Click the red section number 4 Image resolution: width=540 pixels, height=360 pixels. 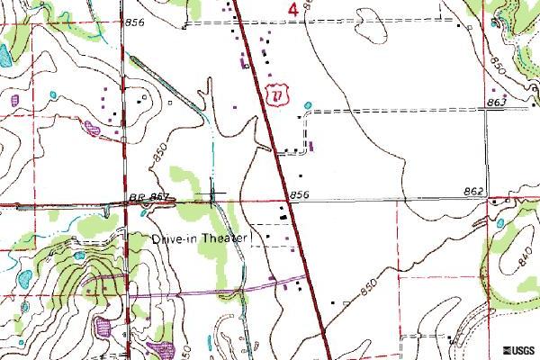click(x=294, y=9)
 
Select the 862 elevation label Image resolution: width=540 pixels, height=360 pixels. click(x=476, y=192)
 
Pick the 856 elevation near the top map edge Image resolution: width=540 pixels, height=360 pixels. click(x=135, y=21)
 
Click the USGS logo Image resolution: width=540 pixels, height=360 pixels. click(x=520, y=349)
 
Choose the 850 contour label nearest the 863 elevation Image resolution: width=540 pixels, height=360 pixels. click(x=500, y=65)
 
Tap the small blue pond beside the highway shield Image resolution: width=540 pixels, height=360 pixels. click(x=309, y=106)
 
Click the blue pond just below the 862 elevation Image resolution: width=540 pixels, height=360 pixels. click(x=500, y=221)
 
